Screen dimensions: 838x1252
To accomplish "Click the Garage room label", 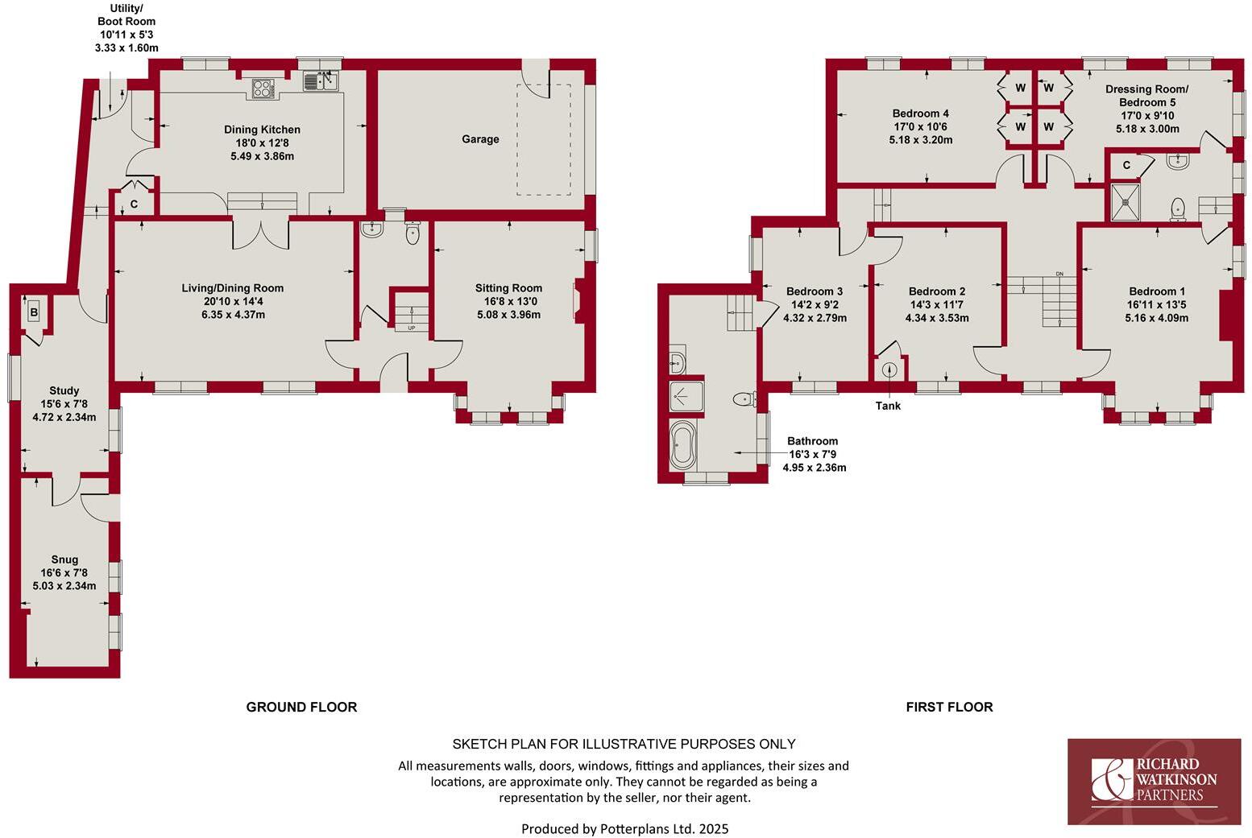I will (480, 139).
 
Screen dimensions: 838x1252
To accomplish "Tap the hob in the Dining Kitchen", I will (263, 88).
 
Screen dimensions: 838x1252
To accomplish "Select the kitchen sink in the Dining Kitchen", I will (321, 80).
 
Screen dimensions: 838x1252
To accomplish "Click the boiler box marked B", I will (34, 312).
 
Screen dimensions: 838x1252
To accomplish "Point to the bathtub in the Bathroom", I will (682, 447).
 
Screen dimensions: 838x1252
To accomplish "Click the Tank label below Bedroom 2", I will (888, 406).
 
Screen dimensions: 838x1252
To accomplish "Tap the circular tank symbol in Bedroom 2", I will (889, 370).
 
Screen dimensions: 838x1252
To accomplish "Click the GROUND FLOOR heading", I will (301, 707).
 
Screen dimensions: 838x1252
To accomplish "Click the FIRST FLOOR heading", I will (949, 707).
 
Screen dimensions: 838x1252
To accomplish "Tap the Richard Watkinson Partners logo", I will (1154, 781).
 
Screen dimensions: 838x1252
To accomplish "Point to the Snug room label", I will (64, 559).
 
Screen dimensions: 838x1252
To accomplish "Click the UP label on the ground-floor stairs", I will (412, 328).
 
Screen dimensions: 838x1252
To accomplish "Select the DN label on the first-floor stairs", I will (1059, 275).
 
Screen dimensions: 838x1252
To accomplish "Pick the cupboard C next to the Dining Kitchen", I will (134, 204).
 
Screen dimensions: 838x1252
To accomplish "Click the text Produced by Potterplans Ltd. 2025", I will (624, 828).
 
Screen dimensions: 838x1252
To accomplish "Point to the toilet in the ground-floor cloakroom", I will (413, 233).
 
